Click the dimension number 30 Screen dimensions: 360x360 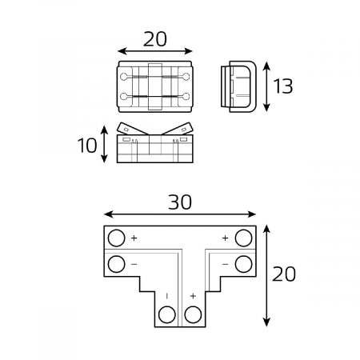[180, 202]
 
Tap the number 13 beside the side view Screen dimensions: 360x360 [282, 86]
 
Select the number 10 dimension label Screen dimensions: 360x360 [88, 145]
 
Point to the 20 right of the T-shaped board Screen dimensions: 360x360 [284, 274]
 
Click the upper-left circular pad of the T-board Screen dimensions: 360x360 [117, 238]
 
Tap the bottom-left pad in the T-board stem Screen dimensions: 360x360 [167, 314]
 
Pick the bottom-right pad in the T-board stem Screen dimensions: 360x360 [192, 314]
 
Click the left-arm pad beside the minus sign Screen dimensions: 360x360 [117, 263]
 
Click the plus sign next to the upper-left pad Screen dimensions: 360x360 [134, 238]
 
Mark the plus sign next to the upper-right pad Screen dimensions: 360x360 [225, 238]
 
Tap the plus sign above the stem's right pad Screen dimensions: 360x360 [192, 297]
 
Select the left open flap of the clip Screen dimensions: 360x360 [132, 130]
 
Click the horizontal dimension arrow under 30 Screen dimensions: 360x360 [180, 215]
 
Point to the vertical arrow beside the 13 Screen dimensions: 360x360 [265, 86]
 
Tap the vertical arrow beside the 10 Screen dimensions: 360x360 [105, 144]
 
